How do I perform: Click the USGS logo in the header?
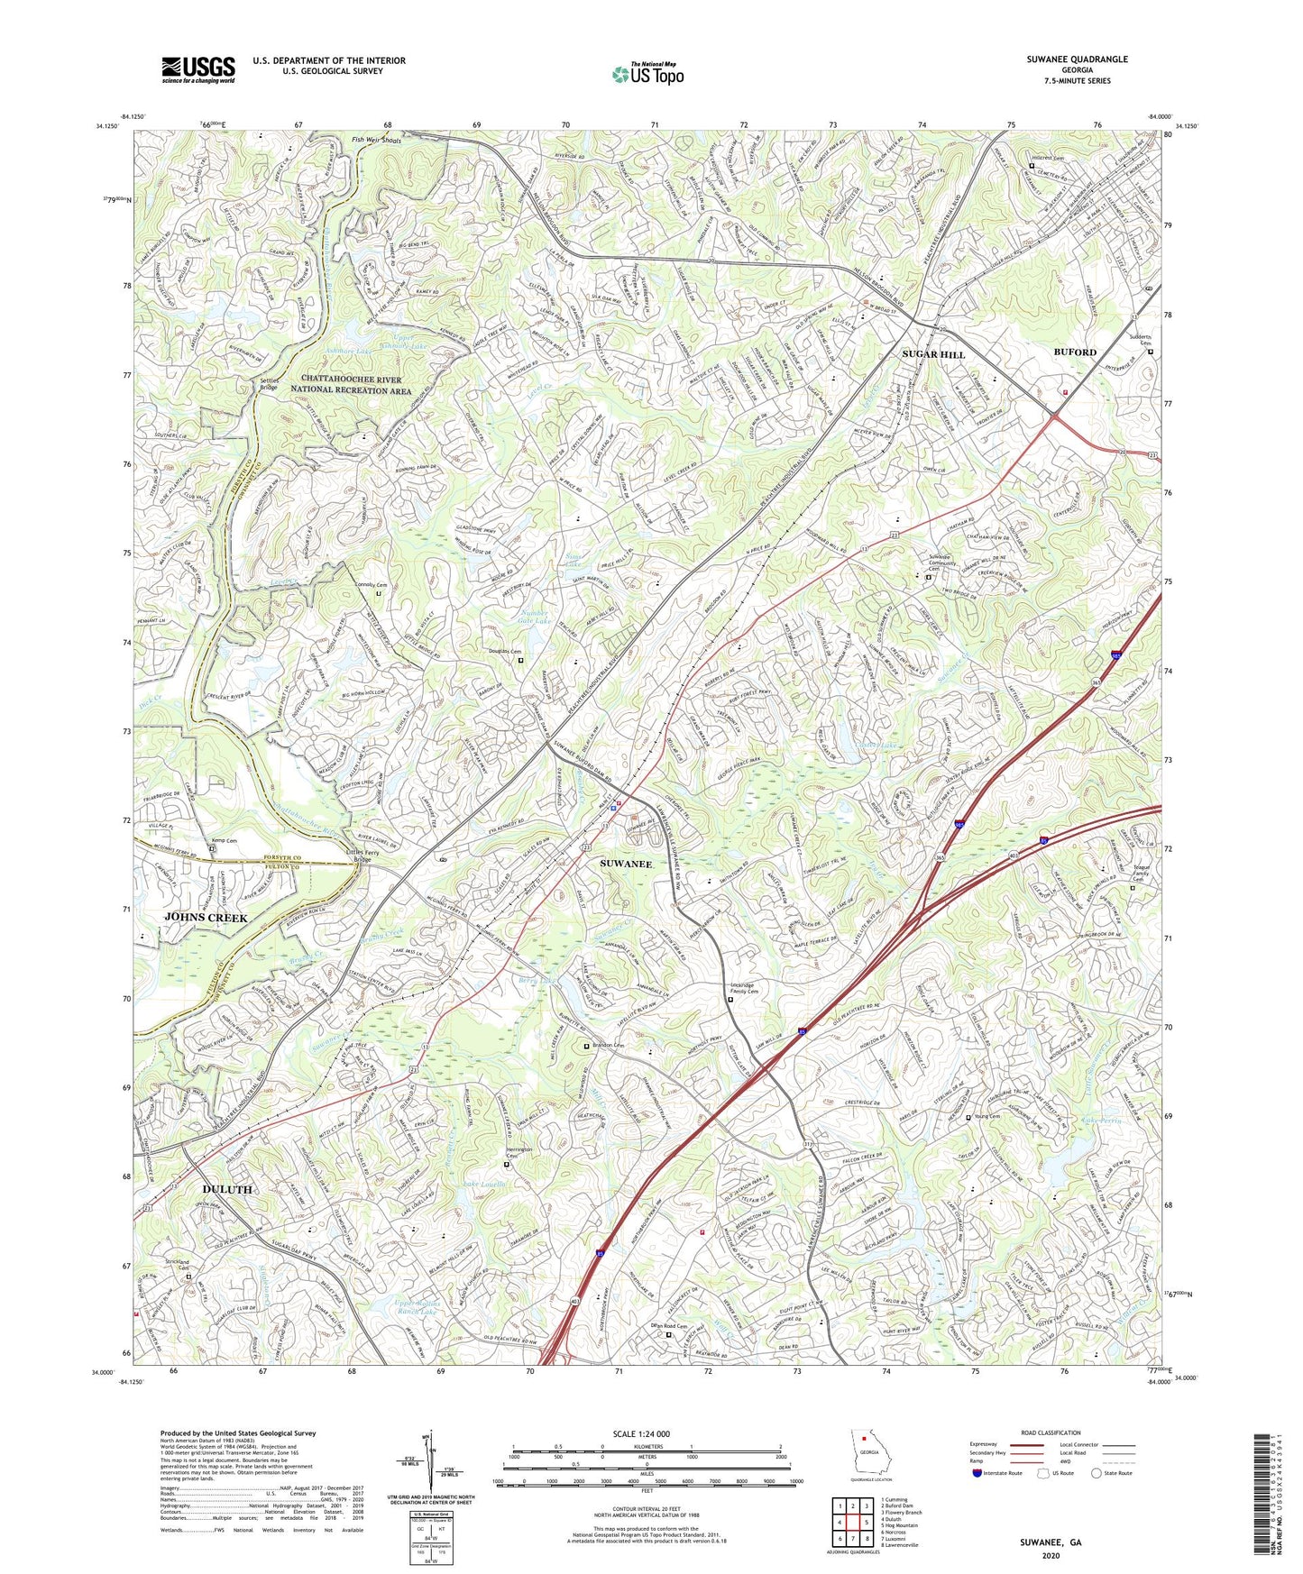pyautogui.click(x=197, y=69)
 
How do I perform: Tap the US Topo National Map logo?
pyautogui.click(x=647, y=74)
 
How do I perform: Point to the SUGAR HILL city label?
pyautogui.click(x=933, y=354)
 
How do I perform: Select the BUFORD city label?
pyautogui.click(x=1077, y=352)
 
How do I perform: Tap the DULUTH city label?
pyautogui.click(x=227, y=1189)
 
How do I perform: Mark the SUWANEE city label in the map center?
pyautogui.click(x=626, y=864)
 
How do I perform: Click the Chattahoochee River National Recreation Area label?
pyautogui.click(x=351, y=386)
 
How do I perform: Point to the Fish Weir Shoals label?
pyautogui.click(x=376, y=142)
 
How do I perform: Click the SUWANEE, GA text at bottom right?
pyautogui.click(x=1051, y=1542)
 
